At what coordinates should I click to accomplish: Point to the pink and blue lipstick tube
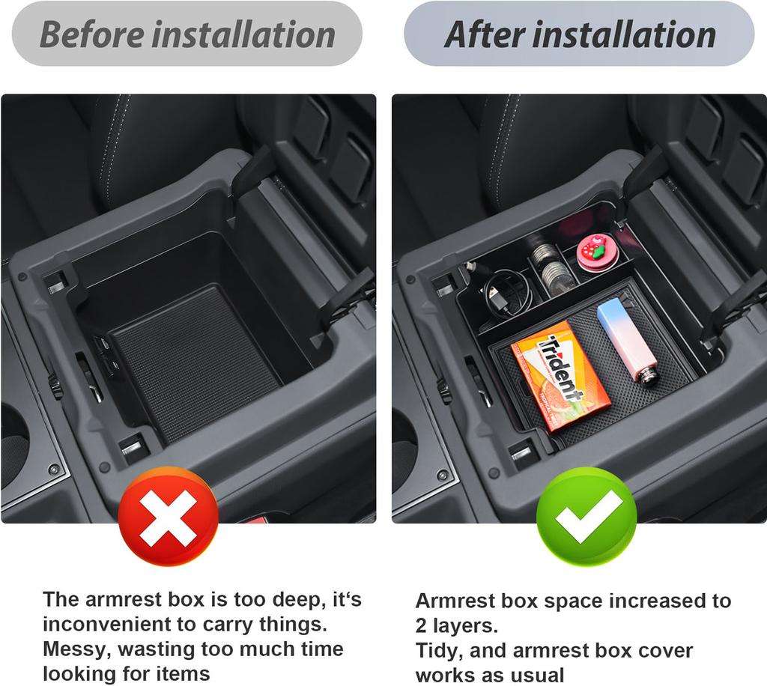pyautogui.click(x=626, y=341)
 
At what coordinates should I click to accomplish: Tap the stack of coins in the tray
pyautogui.click(x=553, y=273)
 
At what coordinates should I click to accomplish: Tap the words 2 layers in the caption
pyautogui.click(x=457, y=625)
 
